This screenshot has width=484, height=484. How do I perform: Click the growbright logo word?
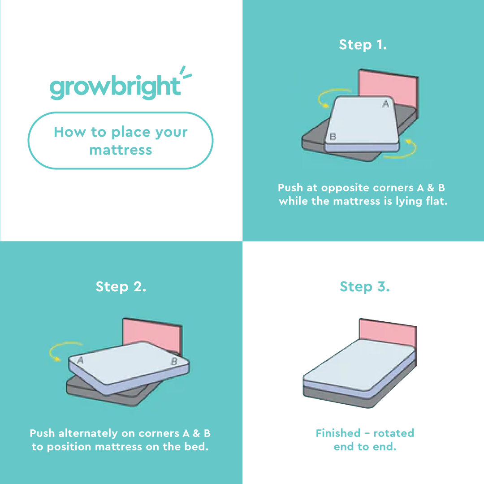(x=115, y=87)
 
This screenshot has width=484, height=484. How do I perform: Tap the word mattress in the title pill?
(x=121, y=150)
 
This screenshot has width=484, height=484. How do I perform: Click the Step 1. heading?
(x=363, y=45)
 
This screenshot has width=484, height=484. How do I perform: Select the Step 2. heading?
(x=121, y=287)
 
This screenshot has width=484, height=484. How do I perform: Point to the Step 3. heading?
(x=364, y=287)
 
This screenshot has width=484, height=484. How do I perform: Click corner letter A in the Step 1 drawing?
(x=386, y=104)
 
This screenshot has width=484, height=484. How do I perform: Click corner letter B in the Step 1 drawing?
(x=333, y=136)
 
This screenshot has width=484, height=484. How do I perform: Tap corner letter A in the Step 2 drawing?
(x=81, y=360)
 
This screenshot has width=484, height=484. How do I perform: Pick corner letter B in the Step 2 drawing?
(x=174, y=361)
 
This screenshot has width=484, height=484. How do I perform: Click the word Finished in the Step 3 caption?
(x=338, y=433)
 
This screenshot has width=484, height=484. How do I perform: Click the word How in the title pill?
(x=70, y=132)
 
